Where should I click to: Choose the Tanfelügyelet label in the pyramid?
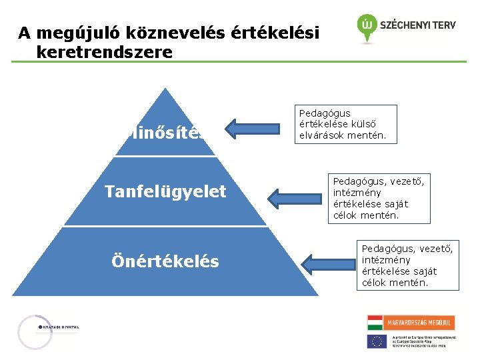pyautogui.click(x=165, y=192)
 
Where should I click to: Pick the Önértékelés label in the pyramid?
pyautogui.click(x=165, y=261)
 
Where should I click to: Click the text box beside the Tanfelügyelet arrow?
pyautogui.click(x=379, y=197)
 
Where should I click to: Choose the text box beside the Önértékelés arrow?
pyautogui.click(x=407, y=265)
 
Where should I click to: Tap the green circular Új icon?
pyautogui.click(x=366, y=26)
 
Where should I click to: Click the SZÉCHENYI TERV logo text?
pyautogui.click(x=418, y=25)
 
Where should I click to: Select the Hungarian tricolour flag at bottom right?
pyautogui.click(x=375, y=323)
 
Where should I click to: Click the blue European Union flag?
pyautogui.click(x=377, y=341)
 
